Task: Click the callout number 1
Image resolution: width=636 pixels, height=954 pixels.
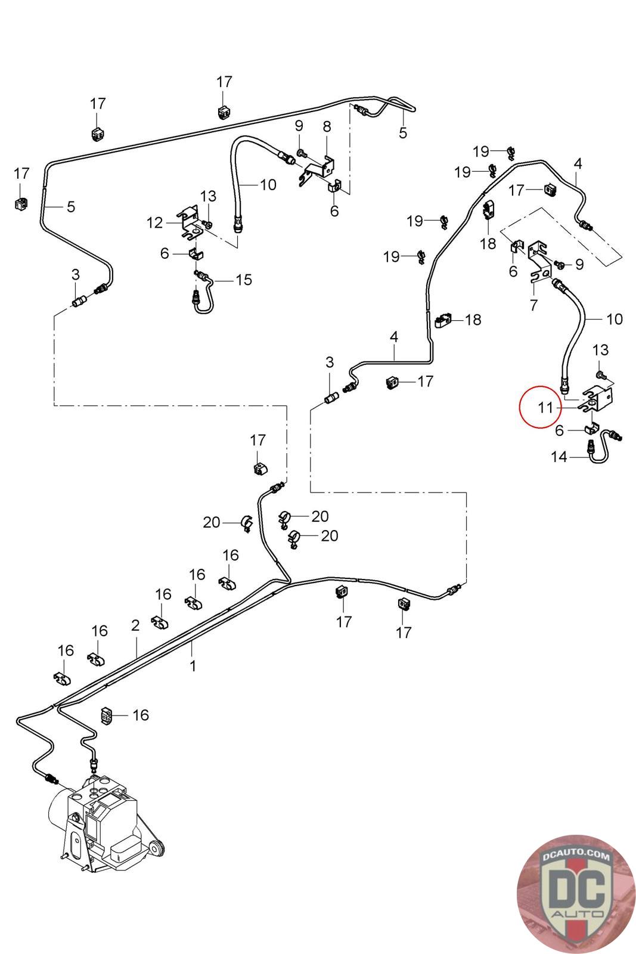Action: pos(193,666)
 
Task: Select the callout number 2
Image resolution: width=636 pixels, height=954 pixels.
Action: pos(135,625)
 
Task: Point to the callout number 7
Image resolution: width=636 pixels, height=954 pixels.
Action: pos(533,305)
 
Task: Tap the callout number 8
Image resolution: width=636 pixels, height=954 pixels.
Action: pos(327,126)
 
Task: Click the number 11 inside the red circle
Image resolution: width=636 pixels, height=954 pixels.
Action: pos(545,408)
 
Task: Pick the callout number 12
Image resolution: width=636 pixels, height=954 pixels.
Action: pos(154,223)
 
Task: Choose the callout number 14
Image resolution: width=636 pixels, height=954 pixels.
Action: pos(559,457)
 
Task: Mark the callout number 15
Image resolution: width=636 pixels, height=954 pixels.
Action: pos(244,280)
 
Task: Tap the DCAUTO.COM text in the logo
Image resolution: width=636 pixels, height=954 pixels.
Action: pos(576,855)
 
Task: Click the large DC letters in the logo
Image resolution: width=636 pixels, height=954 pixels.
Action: pos(576,888)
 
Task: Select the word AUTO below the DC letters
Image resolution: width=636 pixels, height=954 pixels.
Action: pos(577,913)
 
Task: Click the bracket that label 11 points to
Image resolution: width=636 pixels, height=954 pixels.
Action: pos(596,399)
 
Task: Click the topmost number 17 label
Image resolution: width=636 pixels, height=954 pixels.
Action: pos(224,81)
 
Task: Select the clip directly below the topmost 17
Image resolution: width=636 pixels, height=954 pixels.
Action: pos(224,111)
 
